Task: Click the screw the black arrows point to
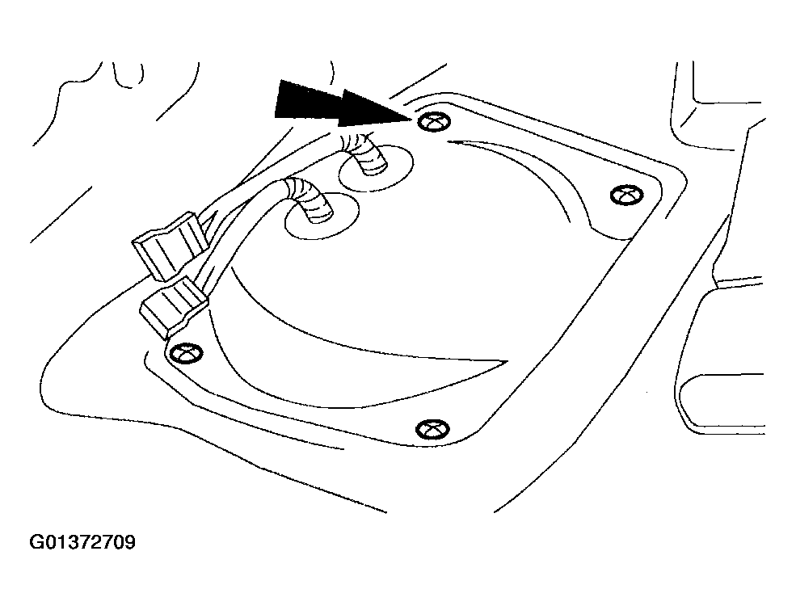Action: pyautogui.click(x=434, y=122)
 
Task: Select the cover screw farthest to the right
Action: pyautogui.click(x=625, y=195)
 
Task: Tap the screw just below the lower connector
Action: pyautogui.click(x=186, y=352)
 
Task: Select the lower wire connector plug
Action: pyautogui.click(x=173, y=305)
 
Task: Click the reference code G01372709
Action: pyautogui.click(x=83, y=541)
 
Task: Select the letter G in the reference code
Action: pyautogui.click(x=37, y=541)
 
